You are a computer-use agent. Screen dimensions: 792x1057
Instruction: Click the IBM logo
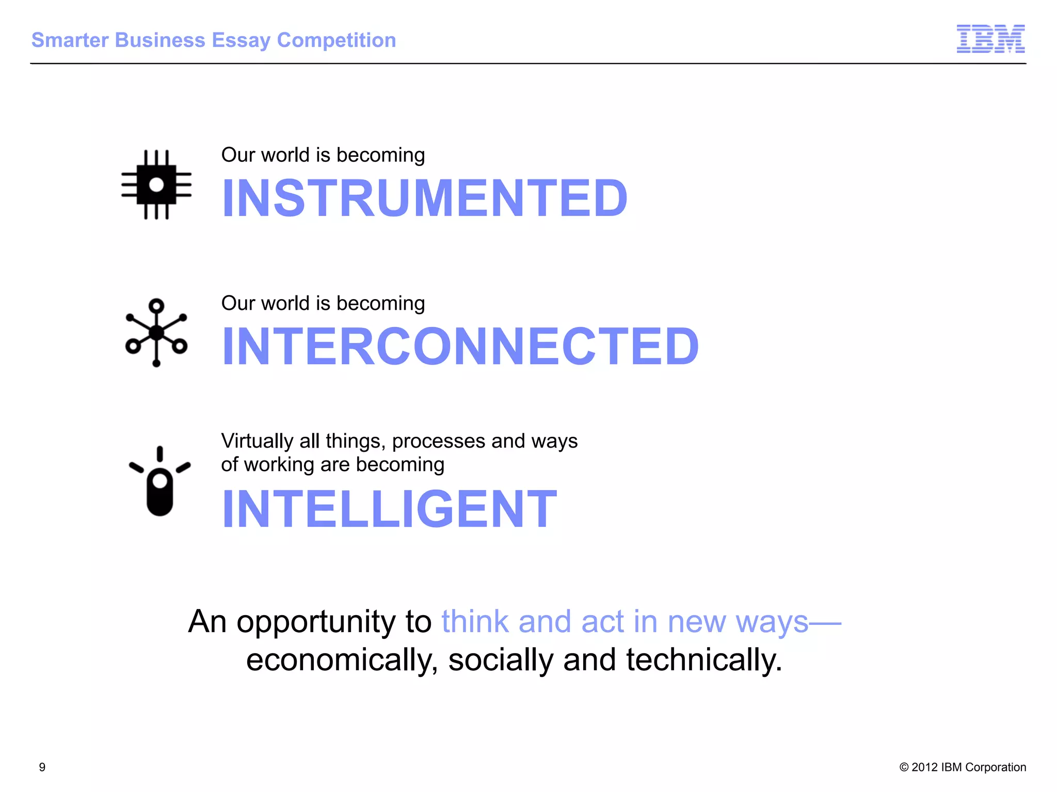[990, 39]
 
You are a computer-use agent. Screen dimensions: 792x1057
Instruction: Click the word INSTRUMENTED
[424, 199]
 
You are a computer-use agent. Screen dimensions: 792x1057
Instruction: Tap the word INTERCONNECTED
[460, 346]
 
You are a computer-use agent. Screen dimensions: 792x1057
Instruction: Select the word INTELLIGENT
[389, 509]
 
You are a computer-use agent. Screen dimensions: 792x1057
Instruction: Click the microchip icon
[156, 185]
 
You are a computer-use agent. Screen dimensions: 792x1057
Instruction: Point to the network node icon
[156, 333]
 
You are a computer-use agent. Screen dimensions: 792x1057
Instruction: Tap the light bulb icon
[159, 482]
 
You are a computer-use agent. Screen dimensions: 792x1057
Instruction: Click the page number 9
[42, 767]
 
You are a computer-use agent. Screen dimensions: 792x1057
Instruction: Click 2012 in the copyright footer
[924, 767]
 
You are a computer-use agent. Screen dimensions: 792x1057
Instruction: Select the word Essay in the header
[241, 41]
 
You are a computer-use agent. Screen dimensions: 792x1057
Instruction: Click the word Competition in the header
[337, 40]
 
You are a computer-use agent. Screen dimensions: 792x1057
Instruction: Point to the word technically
[704, 661]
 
